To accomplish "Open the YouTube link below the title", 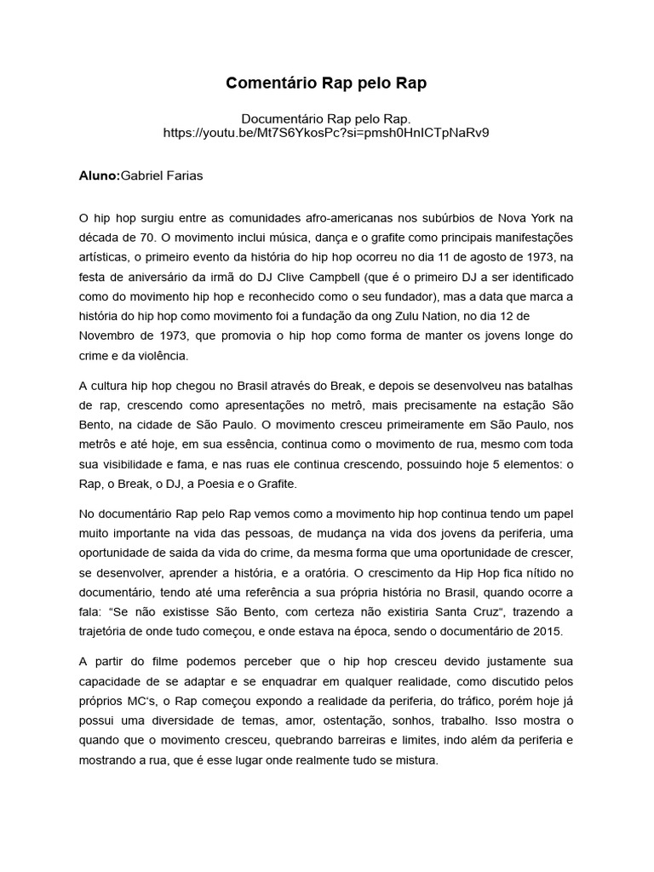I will point(326,133).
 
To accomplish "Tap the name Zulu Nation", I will point(438,316).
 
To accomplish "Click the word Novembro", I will point(109,336).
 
